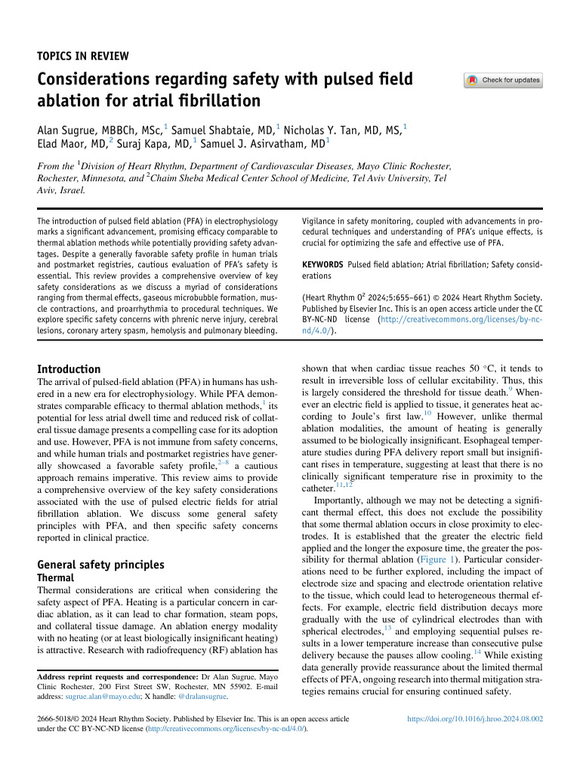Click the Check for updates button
(503, 80)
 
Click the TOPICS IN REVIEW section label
(83, 56)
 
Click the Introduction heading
(69, 369)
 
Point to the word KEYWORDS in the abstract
(322, 266)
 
